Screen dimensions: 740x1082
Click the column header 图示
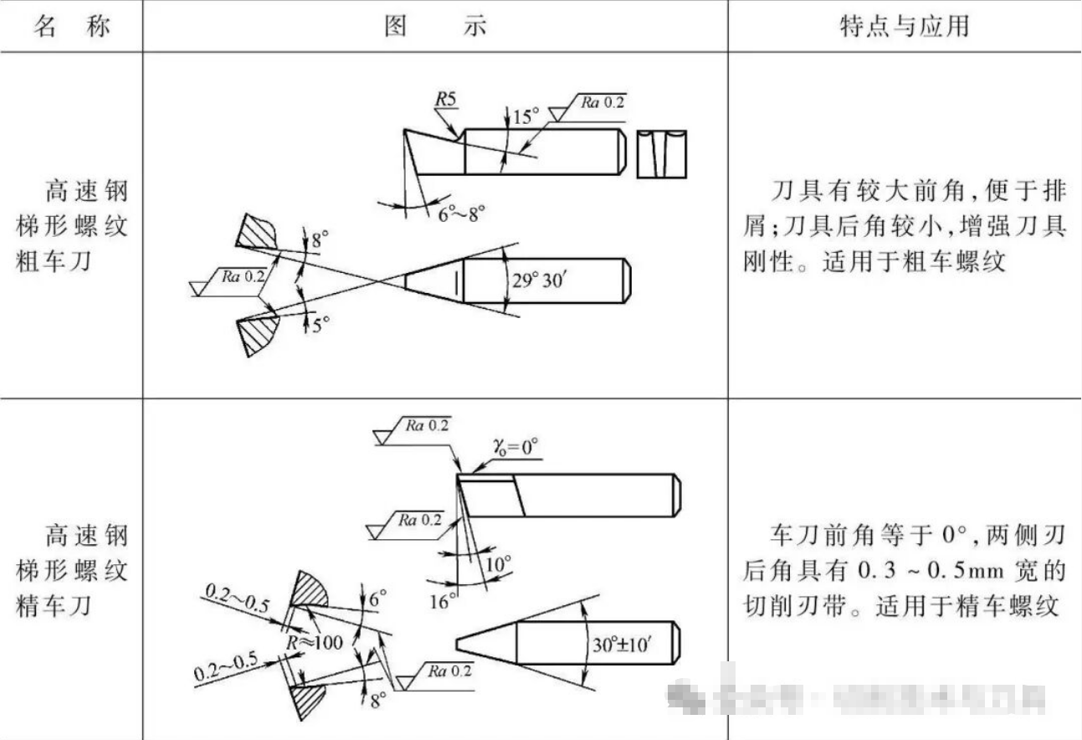coord(434,26)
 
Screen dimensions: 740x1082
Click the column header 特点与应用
coord(904,26)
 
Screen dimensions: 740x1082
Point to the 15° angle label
coord(525,116)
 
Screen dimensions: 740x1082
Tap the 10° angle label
coord(498,566)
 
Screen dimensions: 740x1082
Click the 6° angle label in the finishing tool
coord(378,599)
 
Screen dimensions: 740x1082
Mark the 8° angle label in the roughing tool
coord(320,241)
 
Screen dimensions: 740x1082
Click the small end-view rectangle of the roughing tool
coord(661,153)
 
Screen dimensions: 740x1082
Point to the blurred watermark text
coord(854,695)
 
